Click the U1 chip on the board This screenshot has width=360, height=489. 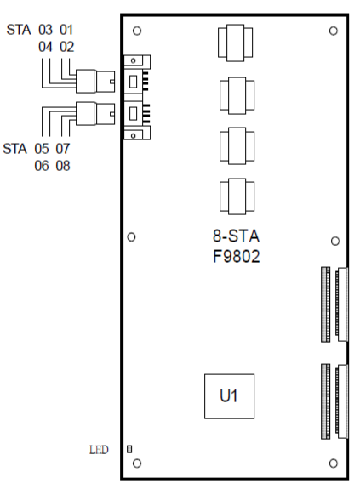click(229, 396)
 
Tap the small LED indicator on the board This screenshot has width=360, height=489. click(129, 449)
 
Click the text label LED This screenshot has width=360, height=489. click(99, 450)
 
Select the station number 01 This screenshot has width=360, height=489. click(66, 30)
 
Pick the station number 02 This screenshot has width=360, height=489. click(66, 47)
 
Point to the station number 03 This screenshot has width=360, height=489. click(46, 30)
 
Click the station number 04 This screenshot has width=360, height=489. click(46, 47)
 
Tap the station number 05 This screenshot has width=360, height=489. click(42, 149)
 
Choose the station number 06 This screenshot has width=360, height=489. click(42, 166)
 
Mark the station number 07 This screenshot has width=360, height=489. click(63, 149)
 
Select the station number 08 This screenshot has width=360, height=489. click(63, 166)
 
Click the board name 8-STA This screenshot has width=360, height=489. click(236, 236)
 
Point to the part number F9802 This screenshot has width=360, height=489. click(236, 257)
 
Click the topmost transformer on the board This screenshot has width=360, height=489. click(235, 43)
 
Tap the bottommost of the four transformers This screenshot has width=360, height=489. click(237, 196)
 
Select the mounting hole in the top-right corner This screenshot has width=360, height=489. click(334, 31)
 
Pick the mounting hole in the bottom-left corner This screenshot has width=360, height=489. click(137, 463)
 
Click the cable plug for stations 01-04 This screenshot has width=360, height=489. click(95, 81)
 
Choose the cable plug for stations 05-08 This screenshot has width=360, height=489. click(95, 113)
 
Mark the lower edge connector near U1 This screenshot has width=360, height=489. click(334, 401)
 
